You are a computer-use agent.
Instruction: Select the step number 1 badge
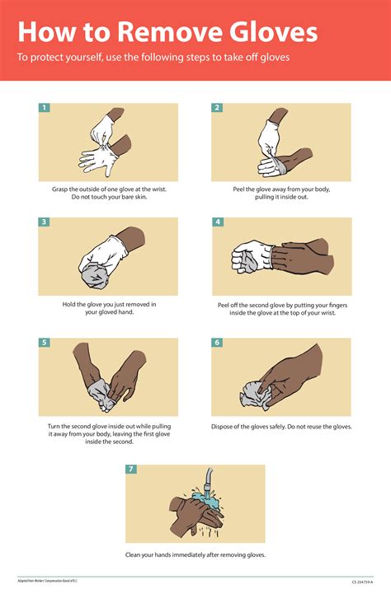(45, 108)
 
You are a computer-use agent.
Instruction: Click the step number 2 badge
(217, 108)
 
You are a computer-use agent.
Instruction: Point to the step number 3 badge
(45, 222)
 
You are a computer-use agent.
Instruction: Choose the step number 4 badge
(217, 222)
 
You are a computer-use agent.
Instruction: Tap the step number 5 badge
(45, 342)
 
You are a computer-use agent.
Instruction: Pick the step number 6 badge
(217, 342)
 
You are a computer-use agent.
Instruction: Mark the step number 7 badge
(131, 470)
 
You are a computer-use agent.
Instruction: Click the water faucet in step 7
(210, 476)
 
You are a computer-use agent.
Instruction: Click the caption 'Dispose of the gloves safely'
(281, 427)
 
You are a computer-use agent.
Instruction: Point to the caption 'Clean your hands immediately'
(195, 554)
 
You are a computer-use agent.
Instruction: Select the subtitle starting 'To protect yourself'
(153, 58)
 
